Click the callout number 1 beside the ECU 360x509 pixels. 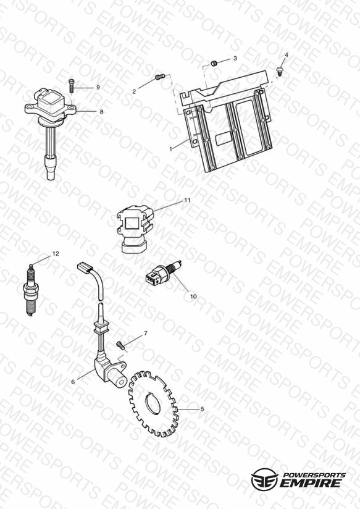[x=171, y=149]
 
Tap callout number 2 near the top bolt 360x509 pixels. [x=134, y=92]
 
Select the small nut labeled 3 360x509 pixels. [x=214, y=63]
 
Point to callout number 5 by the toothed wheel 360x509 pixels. [x=203, y=409]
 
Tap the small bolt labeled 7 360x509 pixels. [x=121, y=345]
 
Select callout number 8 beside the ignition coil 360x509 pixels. [x=102, y=112]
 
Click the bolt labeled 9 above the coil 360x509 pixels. [x=72, y=86]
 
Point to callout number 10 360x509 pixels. [x=193, y=297]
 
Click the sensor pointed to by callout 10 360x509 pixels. [x=162, y=273]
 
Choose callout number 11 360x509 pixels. [x=187, y=200]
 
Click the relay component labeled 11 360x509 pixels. [x=135, y=229]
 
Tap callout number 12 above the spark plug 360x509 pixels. [x=56, y=253]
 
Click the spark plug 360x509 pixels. [x=31, y=290]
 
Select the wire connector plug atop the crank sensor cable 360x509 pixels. [x=85, y=268]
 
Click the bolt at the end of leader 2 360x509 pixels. [x=160, y=77]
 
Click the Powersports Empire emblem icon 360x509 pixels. [x=264, y=479]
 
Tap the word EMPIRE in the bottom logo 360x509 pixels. [x=311, y=482]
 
